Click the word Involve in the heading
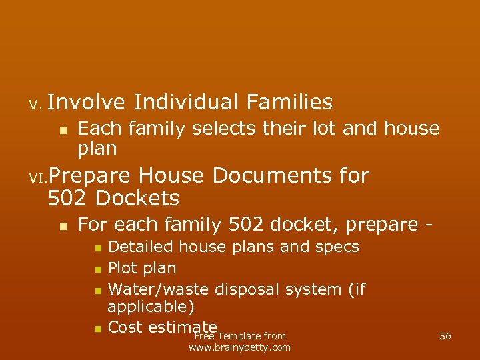point(86,102)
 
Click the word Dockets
point(137,198)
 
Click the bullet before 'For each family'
point(62,226)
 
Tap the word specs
point(337,247)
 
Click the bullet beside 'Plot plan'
point(97,270)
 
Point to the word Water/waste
point(158,289)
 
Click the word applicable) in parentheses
point(151,307)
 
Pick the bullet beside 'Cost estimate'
point(97,329)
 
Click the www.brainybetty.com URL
point(240,347)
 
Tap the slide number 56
point(445,336)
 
